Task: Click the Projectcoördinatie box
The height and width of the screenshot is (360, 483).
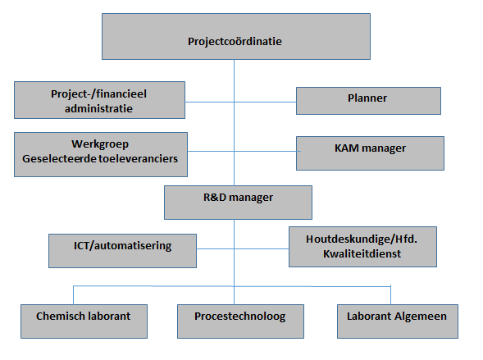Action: (236, 36)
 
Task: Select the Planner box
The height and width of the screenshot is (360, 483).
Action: (368, 101)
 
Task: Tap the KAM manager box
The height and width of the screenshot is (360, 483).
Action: (370, 153)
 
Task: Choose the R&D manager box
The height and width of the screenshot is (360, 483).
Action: (238, 203)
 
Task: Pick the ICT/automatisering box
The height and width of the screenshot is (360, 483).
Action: (122, 251)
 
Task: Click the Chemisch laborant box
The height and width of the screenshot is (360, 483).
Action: (84, 321)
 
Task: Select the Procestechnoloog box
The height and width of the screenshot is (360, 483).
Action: (240, 321)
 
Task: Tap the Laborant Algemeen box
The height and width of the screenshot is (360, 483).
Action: (398, 321)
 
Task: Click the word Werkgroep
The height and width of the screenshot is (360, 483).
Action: (100, 144)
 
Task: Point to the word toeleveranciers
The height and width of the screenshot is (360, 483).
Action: (134, 158)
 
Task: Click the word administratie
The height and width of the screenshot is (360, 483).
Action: (98, 108)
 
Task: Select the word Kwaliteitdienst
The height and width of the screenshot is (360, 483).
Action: (362, 253)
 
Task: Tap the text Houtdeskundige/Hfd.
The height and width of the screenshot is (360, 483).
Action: (362, 239)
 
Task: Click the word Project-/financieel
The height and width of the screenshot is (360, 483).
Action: (98, 94)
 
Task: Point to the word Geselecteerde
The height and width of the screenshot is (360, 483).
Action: (56, 158)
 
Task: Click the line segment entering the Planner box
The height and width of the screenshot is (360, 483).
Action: (265, 102)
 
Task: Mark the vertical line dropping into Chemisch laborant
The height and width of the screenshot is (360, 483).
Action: (73, 295)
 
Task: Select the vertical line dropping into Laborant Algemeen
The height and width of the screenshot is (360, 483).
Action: (390, 295)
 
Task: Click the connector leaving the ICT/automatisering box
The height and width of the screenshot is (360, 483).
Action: (216, 248)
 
